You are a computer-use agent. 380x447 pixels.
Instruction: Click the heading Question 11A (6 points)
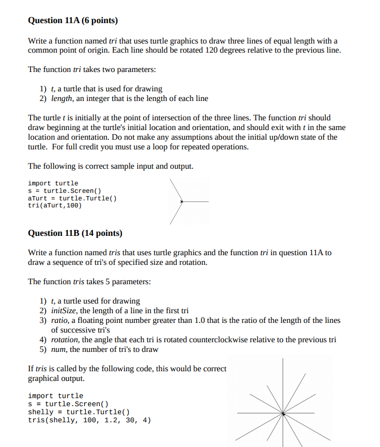[x=72, y=20]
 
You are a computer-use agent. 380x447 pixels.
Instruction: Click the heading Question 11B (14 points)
[x=75, y=233]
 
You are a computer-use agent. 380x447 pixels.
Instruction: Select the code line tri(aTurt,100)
[x=55, y=205]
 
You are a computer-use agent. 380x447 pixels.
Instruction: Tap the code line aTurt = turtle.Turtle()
[x=72, y=198]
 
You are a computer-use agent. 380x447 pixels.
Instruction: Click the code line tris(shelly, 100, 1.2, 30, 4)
[x=89, y=420]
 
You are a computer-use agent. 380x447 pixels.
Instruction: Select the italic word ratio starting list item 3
[x=60, y=320]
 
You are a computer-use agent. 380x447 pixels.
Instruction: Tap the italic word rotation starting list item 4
[x=64, y=340]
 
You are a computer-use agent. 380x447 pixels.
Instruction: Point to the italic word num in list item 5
[x=58, y=349]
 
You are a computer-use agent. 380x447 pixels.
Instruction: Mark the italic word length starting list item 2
[x=62, y=98]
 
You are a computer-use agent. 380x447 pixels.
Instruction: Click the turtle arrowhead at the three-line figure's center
[x=182, y=201]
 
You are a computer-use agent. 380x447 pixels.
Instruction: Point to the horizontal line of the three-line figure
[x=196, y=201]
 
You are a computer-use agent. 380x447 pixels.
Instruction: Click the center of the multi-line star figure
[x=283, y=413]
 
